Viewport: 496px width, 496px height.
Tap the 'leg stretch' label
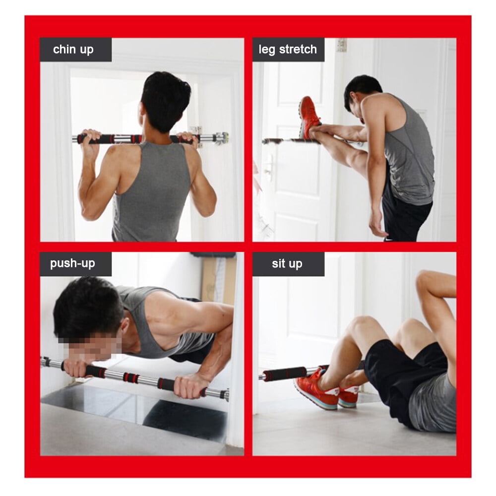pyautogui.click(x=288, y=50)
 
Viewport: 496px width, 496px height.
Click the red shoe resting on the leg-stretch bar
pyautogui.click(x=309, y=117)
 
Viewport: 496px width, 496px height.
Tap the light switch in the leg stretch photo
pyautogui.click(x=341, y=45)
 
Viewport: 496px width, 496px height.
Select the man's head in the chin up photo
pyautogui.click(x=165, y=101)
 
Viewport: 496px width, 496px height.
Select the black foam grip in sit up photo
pyautogui.click(x=285, y=373)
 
